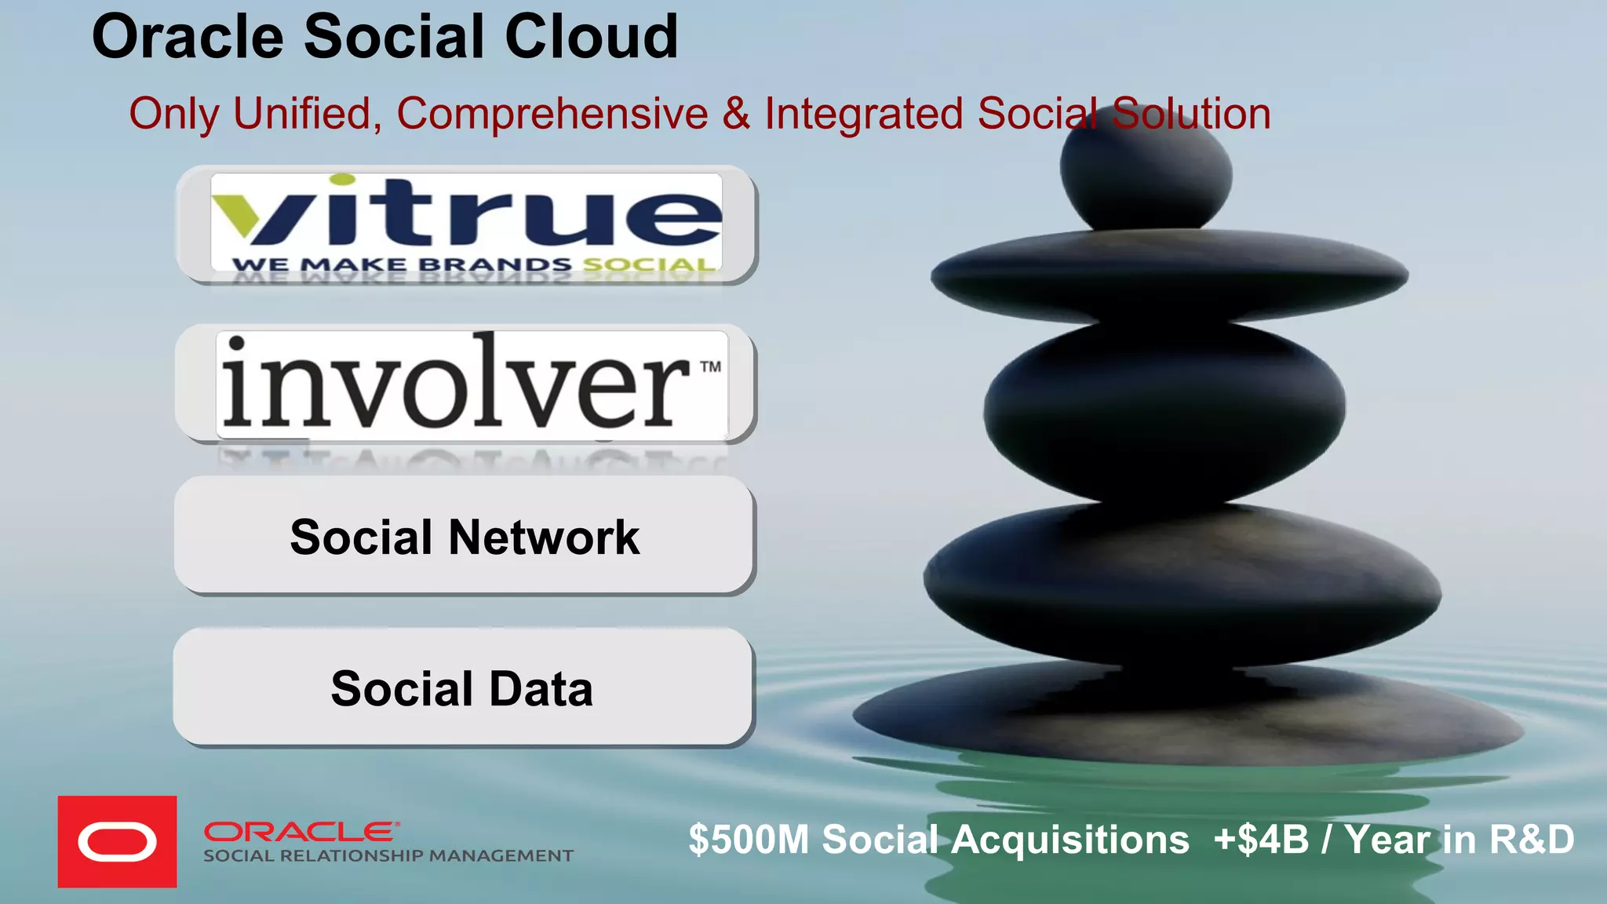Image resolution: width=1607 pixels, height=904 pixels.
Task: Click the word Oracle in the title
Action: pyautogui.click(x=188, y=37)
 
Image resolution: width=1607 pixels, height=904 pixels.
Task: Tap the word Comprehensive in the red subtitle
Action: pyautogui.click(x=552, y=114)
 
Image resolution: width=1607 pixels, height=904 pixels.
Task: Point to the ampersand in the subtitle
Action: pyautogui.click(x=736, y=114)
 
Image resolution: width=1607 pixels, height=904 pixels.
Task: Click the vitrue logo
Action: pyautogui.click(x=466, y=212)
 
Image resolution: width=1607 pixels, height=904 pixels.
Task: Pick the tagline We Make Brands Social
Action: pyautogui.click(x=474, y=264)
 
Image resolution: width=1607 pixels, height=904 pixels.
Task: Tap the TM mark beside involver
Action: pyautogui.click(x=710, y=366)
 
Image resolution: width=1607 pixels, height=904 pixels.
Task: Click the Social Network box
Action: pyautogui.click(x=464, y=537)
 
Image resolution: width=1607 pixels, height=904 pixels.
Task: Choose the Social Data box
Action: pyautogui.click(x=462, y=688)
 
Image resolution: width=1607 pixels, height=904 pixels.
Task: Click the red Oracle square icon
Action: pyautogui.click(x=117, y=842)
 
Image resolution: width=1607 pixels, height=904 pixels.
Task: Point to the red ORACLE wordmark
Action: pyautogui.click(x=302, y=831)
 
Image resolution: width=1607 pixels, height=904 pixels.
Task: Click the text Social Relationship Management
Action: pyautogui.click(x=388, y=856)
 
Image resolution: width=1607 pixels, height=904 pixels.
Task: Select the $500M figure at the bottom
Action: pyautogui.click(x=749, y=840)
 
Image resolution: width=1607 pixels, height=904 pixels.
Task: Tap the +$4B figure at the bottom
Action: pyautogui.click(x=1261, y=840)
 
